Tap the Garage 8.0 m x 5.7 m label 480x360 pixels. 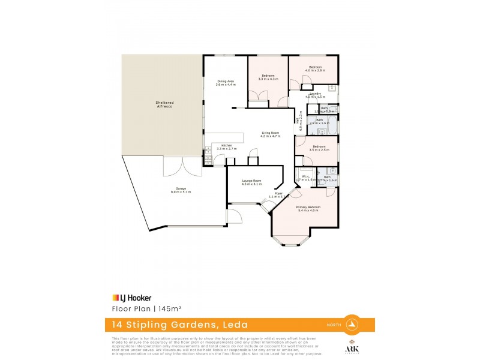(x=181, y=191)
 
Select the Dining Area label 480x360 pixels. (x=226, y=83)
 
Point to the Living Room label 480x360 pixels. (x=271, y=134)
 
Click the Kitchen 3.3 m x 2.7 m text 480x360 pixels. (x=226, y=147)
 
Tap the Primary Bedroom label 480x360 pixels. (x=307, y=209)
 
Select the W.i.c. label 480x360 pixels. (x=305, y=178)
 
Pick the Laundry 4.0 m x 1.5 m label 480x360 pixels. (x=315, y=95)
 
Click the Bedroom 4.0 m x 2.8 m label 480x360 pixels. (x=315, y=68)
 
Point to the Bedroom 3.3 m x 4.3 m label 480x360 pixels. (x=268, y=77)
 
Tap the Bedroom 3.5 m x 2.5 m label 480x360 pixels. (x=319, y=148)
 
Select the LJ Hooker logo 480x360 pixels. (x=132, y=298)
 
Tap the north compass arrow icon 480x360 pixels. (x=353, y=325)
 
